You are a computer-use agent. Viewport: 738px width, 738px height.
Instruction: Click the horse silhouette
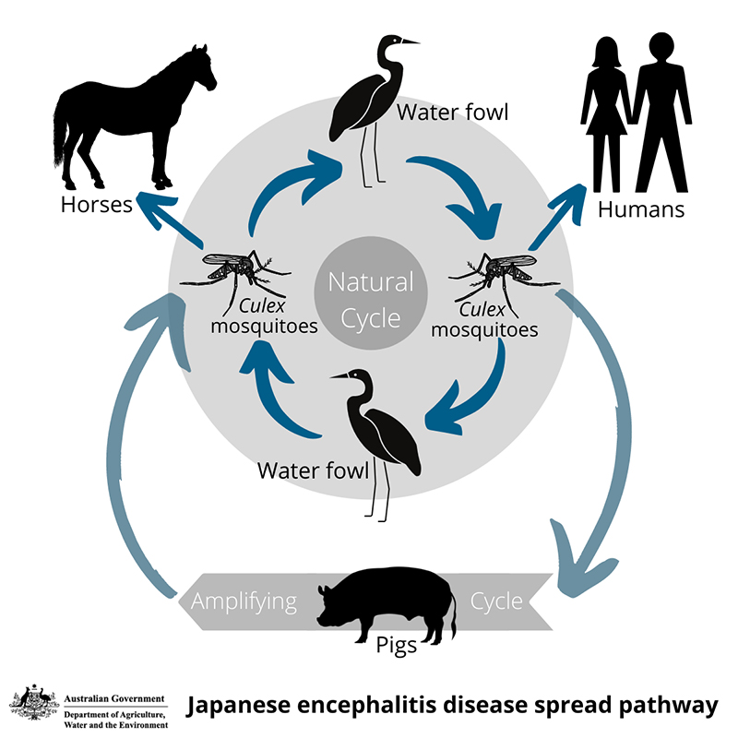[x=129, y=115]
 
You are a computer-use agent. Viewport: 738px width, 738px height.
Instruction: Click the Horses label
[x=97, y=204]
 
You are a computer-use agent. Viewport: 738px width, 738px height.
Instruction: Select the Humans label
[x=641, y=209]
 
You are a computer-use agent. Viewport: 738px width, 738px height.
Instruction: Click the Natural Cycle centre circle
[x=371, y=300]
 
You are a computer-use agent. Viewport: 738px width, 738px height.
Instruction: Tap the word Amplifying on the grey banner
[x=244, y=602]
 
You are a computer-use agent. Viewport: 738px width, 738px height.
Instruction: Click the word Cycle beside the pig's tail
[x=496, y=602]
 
